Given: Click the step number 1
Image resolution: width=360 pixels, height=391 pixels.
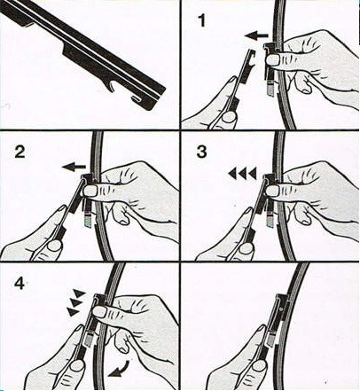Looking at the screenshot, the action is (x=201, y=21).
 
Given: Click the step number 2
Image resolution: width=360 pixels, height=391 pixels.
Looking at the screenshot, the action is (x=20, y=152).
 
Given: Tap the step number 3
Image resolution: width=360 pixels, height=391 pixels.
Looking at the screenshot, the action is (x=201, y=152).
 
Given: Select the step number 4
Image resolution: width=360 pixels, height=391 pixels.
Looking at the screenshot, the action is (x=20, y=283).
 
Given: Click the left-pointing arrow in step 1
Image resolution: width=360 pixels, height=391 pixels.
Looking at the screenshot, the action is (x=256, y=36).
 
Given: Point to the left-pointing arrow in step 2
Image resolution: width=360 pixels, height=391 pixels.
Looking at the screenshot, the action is (x=74, y=168).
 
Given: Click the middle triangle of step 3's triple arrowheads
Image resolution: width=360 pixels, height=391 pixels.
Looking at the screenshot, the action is (x=242, y=174).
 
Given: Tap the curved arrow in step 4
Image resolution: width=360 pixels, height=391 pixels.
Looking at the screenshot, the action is (x=119, y=369).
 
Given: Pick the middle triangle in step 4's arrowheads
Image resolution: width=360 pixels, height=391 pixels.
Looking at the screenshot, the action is (x=76, y=303).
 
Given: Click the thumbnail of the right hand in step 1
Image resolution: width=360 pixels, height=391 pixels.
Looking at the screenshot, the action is (x=273, y=60).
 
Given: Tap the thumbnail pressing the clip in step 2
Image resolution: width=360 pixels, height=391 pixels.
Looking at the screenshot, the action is (x=90, y=191).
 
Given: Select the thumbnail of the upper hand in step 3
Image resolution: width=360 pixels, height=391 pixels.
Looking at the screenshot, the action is (x=273, y=191).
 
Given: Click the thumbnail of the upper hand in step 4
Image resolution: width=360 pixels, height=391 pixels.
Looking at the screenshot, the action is (x=99, y=312).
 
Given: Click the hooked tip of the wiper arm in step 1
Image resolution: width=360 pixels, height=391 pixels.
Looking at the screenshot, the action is (x=251, y=53).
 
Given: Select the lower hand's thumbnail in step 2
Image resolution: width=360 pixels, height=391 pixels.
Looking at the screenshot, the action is (x=54, y=246).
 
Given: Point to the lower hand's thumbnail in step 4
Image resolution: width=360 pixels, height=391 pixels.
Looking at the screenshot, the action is (x=77, y=365).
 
